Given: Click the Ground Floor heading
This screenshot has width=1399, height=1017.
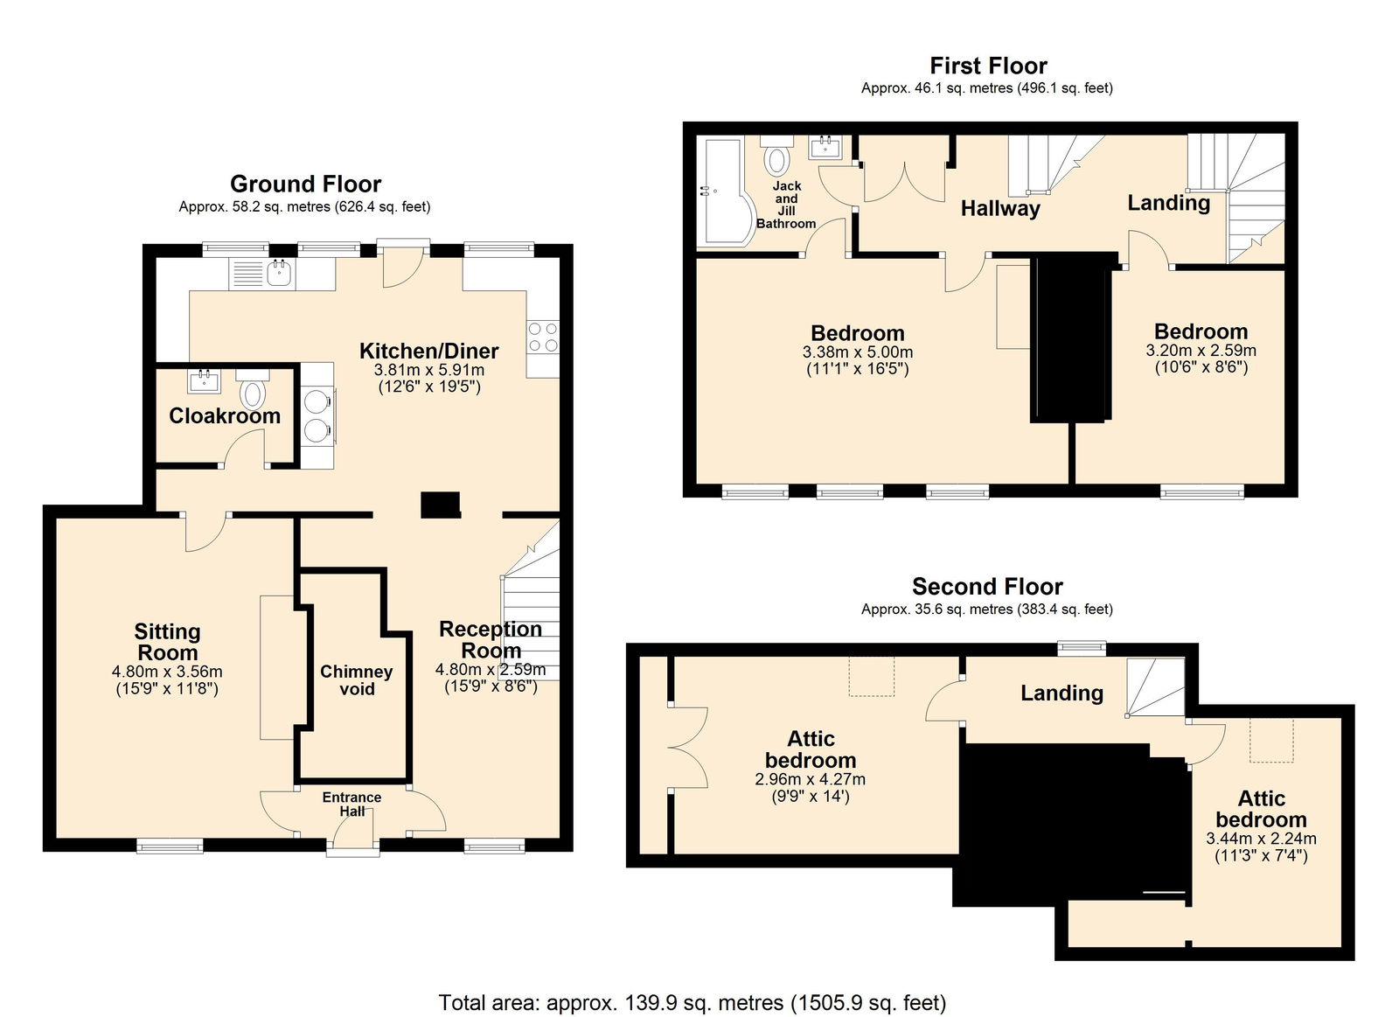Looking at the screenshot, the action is tap(305, 185).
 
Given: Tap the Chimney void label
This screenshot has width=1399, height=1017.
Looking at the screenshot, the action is tap(357, 680).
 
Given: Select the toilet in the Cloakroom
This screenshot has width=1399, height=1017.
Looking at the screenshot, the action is tap(253, 388).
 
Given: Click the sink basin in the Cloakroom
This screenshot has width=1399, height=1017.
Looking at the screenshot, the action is tap(204, 380).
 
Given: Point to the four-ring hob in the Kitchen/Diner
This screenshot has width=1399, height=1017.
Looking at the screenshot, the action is tap(543, 337).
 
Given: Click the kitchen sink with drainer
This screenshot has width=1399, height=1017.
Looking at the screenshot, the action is tap(262, 274).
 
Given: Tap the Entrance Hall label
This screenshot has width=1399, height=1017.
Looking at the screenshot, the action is tap(351, 804).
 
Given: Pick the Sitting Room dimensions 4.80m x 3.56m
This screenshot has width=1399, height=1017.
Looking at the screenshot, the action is tap(167, 672).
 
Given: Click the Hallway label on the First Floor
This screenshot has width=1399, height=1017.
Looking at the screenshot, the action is tap(1000, 209).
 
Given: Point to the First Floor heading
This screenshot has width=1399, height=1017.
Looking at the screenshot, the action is tap(988, 66).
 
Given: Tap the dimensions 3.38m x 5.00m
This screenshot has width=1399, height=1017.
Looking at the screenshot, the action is tap(858, 352).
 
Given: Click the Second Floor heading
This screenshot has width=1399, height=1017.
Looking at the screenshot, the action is tap(987, 586).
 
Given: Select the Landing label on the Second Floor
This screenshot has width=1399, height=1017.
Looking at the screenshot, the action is tap(1061, 693).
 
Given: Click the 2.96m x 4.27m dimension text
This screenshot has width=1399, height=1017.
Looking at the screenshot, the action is tap(810, 779).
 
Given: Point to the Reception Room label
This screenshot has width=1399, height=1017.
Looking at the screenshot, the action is tap(491, 640).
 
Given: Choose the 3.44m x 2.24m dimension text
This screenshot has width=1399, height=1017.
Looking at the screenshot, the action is tap(1260, 839).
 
